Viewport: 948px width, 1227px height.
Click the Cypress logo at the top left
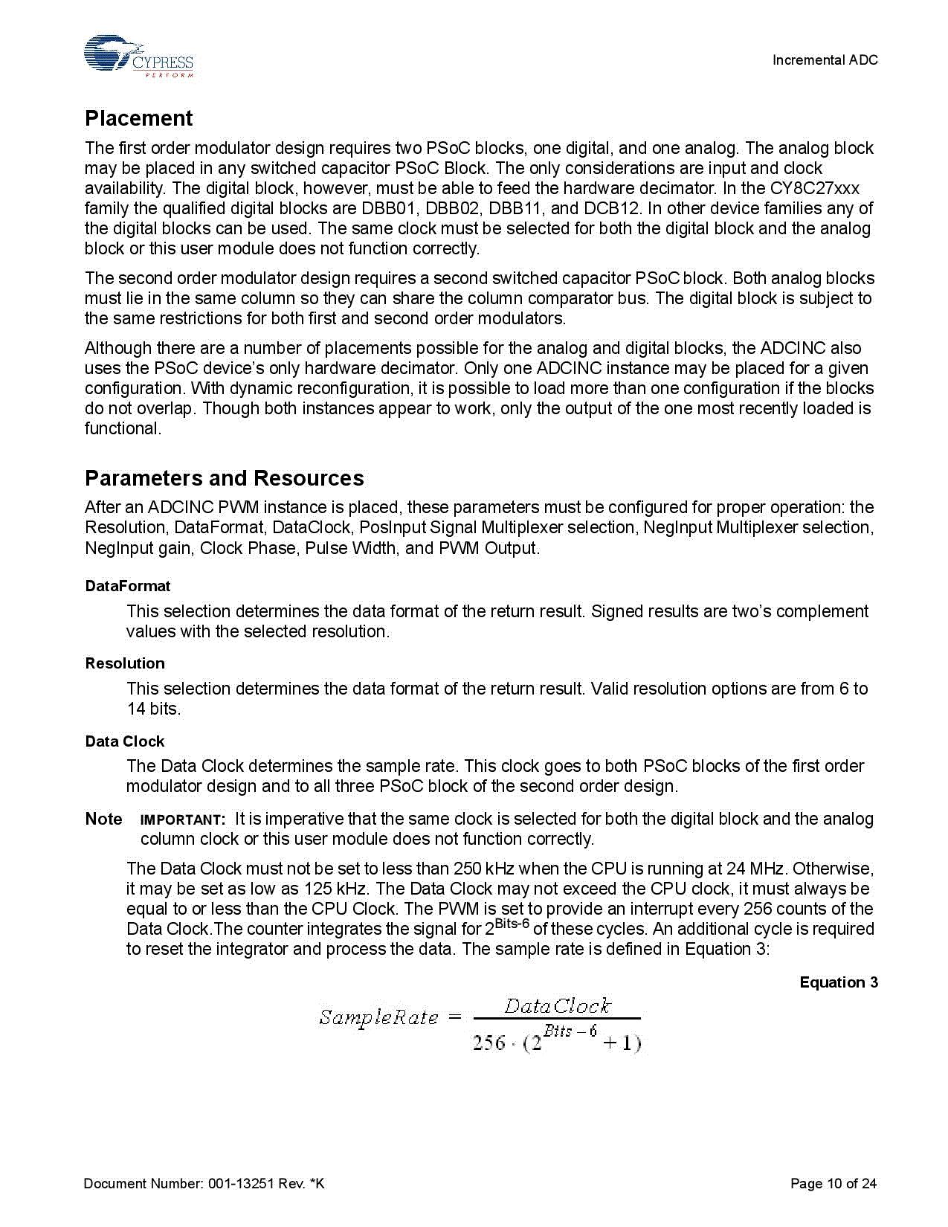point(138,57)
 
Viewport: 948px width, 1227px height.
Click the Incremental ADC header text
point(825,60)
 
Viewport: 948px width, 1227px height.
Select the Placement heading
point(138,118)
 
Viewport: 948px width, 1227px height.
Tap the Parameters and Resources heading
point(224,478)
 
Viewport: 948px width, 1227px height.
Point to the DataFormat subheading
point(128,586)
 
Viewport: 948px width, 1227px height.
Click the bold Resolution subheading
point(125,663)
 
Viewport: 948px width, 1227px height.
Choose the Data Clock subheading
point(125,741)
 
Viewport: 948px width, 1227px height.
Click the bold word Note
point(103,819)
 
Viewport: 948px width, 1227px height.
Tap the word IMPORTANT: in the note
point(182,820)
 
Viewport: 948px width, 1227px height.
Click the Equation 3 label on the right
point(838,982)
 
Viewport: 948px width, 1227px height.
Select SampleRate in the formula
point(378,1017)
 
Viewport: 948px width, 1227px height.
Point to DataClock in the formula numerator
point(557,1006)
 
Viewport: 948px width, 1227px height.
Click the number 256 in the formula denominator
point(488,1043)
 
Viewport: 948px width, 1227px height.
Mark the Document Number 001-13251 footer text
point(204,1184)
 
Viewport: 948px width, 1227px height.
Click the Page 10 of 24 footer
point(833,1184)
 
